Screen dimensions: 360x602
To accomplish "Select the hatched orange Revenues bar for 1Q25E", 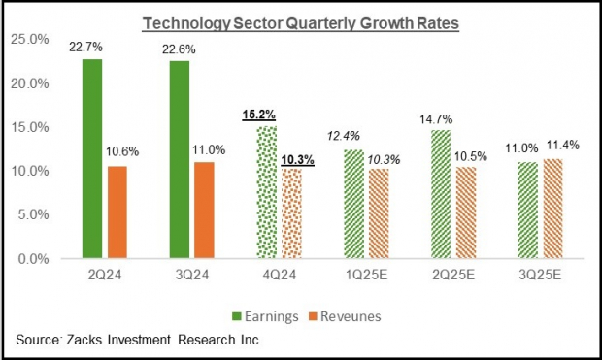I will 378,213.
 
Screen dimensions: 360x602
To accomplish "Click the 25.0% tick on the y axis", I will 28,40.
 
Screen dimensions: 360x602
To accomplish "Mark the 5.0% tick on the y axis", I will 31,215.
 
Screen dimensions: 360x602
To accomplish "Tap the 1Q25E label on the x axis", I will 364,276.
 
